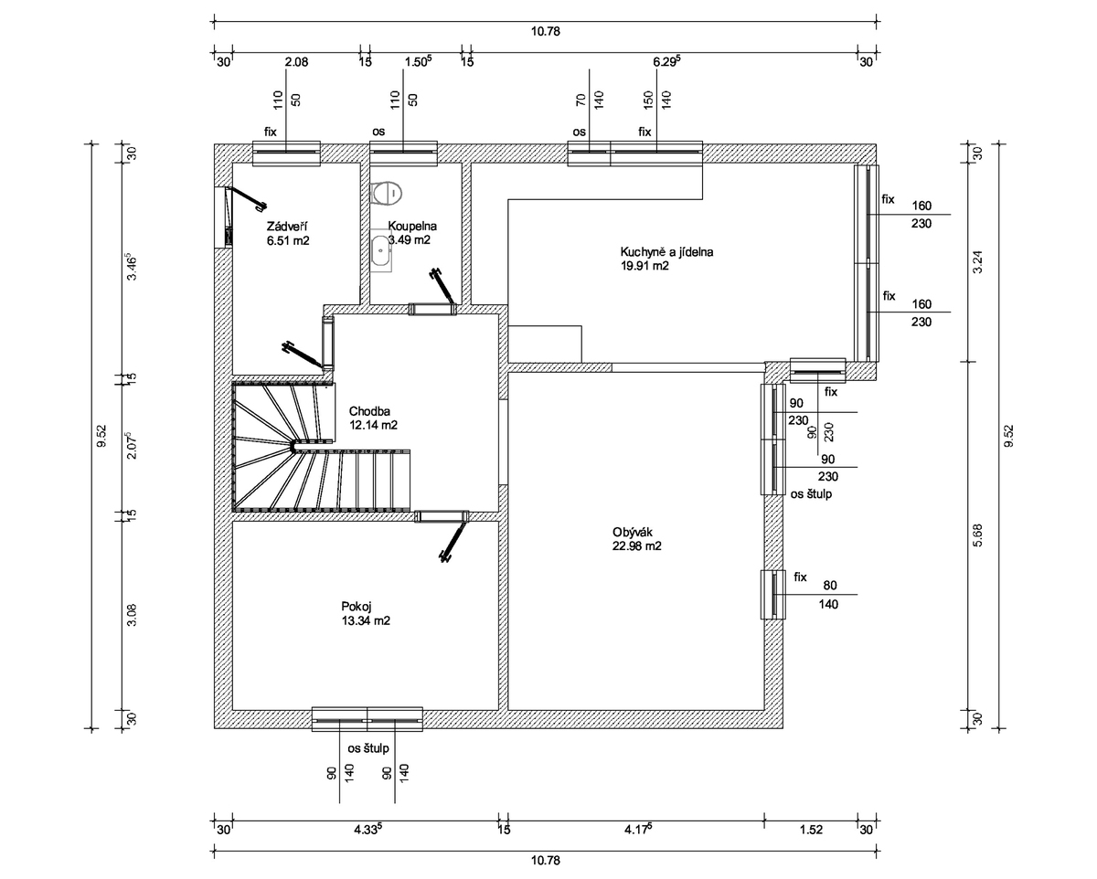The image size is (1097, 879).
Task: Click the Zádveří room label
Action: coord(286,227)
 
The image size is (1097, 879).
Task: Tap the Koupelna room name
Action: coord(412,226)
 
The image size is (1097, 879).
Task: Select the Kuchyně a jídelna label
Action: coord(666,251)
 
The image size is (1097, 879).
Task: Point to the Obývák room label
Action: coord(632,532)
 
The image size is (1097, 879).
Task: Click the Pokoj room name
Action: coord(356,607)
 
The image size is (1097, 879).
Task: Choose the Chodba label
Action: coord(369,410)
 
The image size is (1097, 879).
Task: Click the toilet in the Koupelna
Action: coord(388,193)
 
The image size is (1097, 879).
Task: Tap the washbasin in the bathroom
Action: coord(381,250)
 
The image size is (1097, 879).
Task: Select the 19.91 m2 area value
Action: coord(644,266)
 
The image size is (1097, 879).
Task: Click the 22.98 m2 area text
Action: coord(636,545)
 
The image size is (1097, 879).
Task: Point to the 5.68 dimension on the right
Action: coord(977,535)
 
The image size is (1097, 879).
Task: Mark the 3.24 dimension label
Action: coord(977,262)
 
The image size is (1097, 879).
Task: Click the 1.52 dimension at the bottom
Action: coord(811,830)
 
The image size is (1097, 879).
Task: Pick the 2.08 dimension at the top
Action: coord(296,62)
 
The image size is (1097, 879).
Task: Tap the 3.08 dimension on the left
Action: coord(132,615)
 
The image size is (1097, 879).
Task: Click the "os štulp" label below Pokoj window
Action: coord(368,748)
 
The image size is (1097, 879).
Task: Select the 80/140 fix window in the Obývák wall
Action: coord(772,594)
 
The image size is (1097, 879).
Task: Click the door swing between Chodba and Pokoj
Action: coord(453,539)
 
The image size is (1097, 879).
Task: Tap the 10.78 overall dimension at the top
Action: coord(546,32)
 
